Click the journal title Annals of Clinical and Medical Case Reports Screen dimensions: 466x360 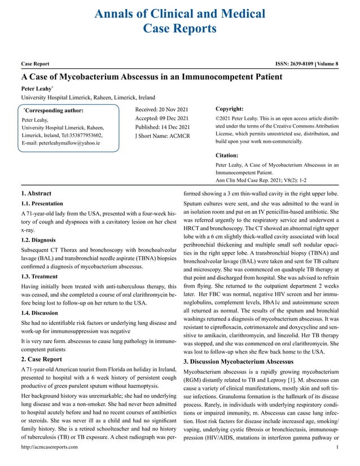click(180, 20)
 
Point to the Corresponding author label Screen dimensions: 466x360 click(53, 111)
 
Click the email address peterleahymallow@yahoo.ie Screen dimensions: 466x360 click(60, 143)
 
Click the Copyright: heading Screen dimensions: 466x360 click(230, 108)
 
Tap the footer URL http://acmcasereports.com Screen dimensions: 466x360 click(50, 447)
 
